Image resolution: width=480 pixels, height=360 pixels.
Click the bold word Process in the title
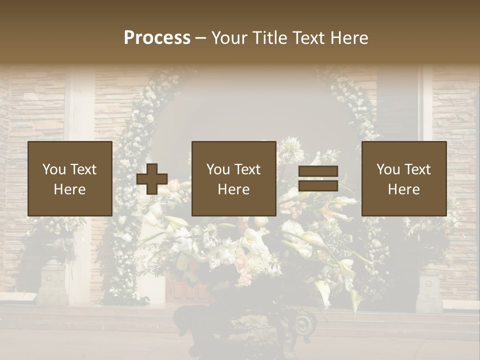pyautogui.click(x=157, y=38)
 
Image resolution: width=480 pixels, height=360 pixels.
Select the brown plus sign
pyautogui.click(x=152, y=179)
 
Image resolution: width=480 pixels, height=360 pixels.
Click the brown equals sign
pyautogui.click(x=318, y=179)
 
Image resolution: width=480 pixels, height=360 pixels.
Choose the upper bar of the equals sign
pyautogui.click(x=318, y=171)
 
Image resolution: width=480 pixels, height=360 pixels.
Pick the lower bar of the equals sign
pyautogui.click(x=318, y=186)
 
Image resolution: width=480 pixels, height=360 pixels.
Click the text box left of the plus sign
pyautogui.click(x=70, y=179)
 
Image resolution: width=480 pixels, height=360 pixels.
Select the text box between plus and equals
pyautogui.click(x=234, y=179)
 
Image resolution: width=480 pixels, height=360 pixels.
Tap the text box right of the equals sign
pyautogui.click(x=404, y=179)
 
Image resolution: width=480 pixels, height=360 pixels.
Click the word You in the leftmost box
pyautogui.click(x=53, y=169)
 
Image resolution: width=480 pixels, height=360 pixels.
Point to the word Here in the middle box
pyautogui.click(x=234, y=189)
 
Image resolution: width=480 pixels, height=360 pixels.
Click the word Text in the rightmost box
pyautogui.click(x=416, y=169)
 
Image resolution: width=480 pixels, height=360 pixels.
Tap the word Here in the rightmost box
pyautogui.click(x=404, y=189)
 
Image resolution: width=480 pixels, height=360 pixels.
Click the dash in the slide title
pyautogui.click(x=201, y=38)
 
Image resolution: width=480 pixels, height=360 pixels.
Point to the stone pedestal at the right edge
pyautogui.click(x=428, y=287)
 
